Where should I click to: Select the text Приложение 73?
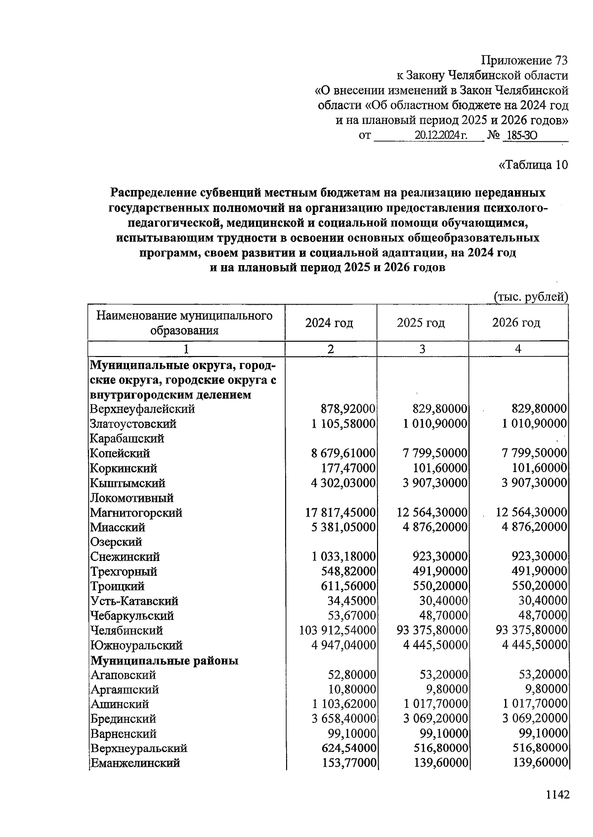[x=524, y=61]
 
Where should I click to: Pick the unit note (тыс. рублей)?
[x=531, y=296]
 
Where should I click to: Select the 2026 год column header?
[x=516, y=323]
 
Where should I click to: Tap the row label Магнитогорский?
[x=136, y=513]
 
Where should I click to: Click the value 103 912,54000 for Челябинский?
[x=338, y=631]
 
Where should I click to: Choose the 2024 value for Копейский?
[x=343, y=453]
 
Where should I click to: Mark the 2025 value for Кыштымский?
[x=435, y=483]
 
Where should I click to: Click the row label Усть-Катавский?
[x=134, y=601]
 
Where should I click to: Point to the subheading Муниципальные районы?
[x=165, y=660]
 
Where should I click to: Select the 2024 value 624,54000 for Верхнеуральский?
[x=349, y=748]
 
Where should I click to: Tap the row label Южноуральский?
[x=136, y=645]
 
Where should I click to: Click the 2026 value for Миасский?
[x=534, y=527]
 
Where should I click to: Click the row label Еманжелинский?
[x=135, y=763]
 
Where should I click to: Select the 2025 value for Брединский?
[x=435, y=718]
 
